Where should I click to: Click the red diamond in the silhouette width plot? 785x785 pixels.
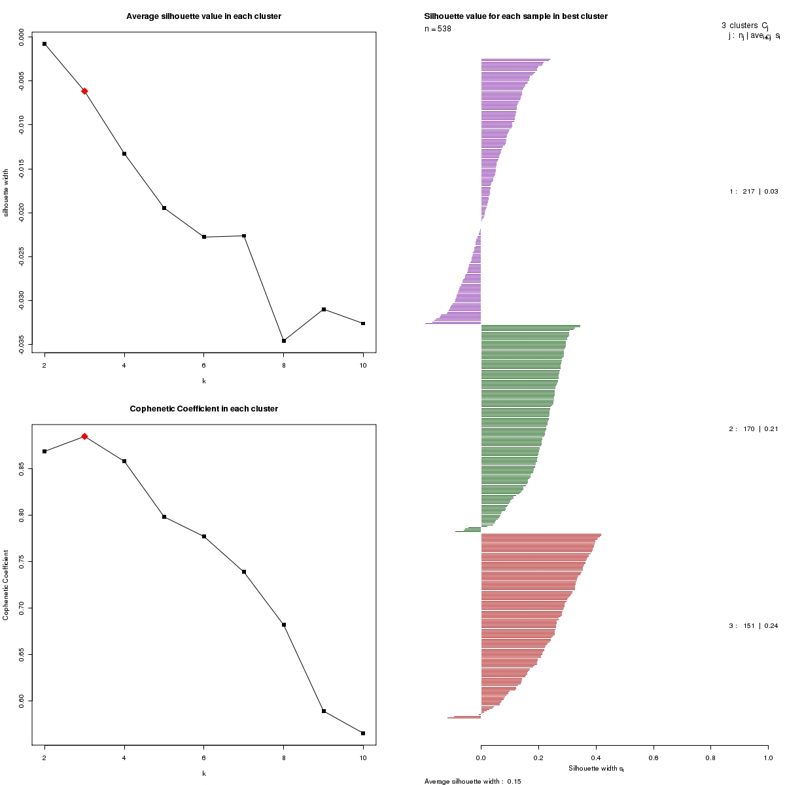tap(84, 91)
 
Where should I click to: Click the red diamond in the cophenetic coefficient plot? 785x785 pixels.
tap(84, 436)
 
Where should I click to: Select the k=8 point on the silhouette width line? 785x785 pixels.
tap(284, 341)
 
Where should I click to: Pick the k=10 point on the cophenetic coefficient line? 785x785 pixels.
tap(363, 733)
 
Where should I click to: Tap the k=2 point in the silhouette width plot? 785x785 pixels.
tap(44, 44)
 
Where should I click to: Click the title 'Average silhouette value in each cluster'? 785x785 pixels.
tap(203, 16)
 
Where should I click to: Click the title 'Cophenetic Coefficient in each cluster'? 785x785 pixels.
tap(203, 409)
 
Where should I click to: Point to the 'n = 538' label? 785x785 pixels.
tap(438, 29)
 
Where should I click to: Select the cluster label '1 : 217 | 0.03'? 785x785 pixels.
tap(754, 192)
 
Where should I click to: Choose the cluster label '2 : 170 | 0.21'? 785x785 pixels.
tap(754, 429)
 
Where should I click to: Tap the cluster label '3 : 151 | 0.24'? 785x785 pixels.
tap(754, 626)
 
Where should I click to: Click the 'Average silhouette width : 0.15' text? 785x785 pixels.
tap(472, 781)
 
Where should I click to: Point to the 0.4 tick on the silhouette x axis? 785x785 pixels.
tap(596, 758)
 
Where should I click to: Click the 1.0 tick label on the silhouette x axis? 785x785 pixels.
tap(768, 758)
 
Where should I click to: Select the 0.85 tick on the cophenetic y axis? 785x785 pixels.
tap(22, 468)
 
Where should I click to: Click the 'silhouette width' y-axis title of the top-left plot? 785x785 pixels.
tap(7, 193)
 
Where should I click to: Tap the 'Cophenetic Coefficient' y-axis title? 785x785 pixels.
tap(7, 585)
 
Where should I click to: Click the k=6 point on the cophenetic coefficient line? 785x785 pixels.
tap(204, 536)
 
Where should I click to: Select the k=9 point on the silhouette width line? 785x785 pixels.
tap(324, 309)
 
